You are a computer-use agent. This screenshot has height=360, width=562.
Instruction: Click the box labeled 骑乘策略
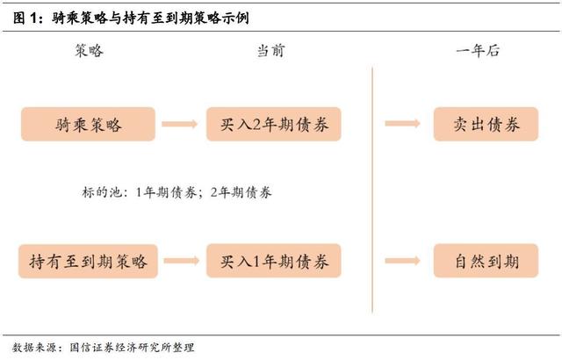click(x=88, y=125)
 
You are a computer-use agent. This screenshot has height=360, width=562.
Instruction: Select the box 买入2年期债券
click(x=273, y=125)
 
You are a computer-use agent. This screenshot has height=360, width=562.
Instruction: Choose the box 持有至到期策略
click(x=88, y=261)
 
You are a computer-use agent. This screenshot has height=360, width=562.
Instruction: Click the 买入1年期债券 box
click(x=273, y=261)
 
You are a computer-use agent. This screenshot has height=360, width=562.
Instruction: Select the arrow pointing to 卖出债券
click(x=402, y=125)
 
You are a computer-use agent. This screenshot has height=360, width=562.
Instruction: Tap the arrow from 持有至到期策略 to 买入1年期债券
click(x=181, y=261)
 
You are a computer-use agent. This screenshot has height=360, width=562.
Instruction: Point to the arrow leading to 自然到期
click(x=402, y=261)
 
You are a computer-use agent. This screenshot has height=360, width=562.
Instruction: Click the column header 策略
click(x=90, y=51)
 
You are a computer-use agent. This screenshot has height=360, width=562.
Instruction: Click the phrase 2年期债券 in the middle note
click(x=241, y=192)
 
